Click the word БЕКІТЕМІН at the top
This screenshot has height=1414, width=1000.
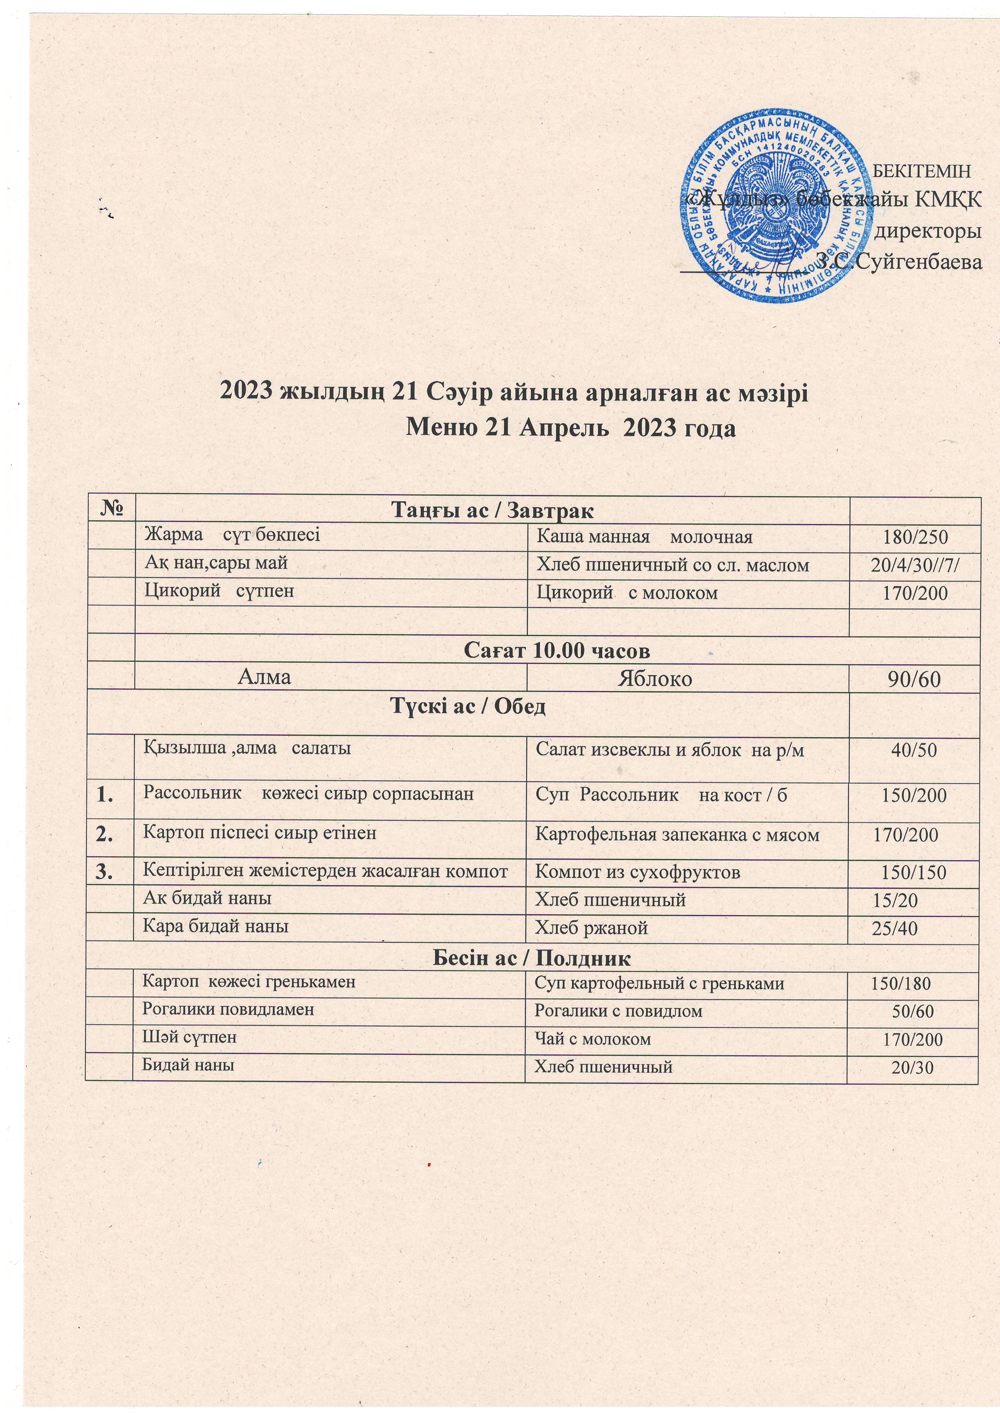[922, 171]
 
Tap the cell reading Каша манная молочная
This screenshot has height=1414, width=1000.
[644, 537]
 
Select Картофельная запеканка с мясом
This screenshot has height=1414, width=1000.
[677, 835]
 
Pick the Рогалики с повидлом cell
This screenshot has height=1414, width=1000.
[618, 1011]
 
